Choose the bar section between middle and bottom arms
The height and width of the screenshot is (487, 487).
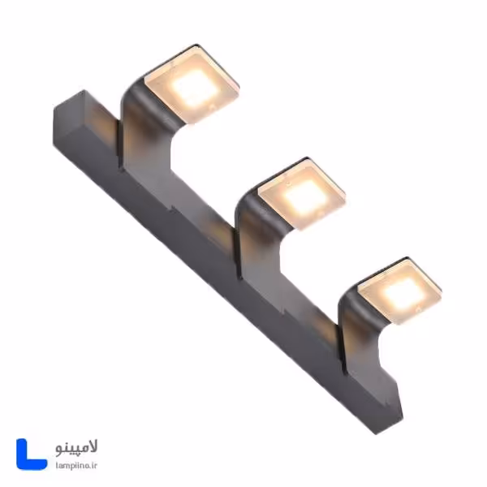pyautogui.click(x=296, y=312)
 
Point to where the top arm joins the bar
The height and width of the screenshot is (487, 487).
pyautogui.click(x=130, y=158)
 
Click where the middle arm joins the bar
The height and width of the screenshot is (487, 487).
pyautogui.click(x=243, y=268)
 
